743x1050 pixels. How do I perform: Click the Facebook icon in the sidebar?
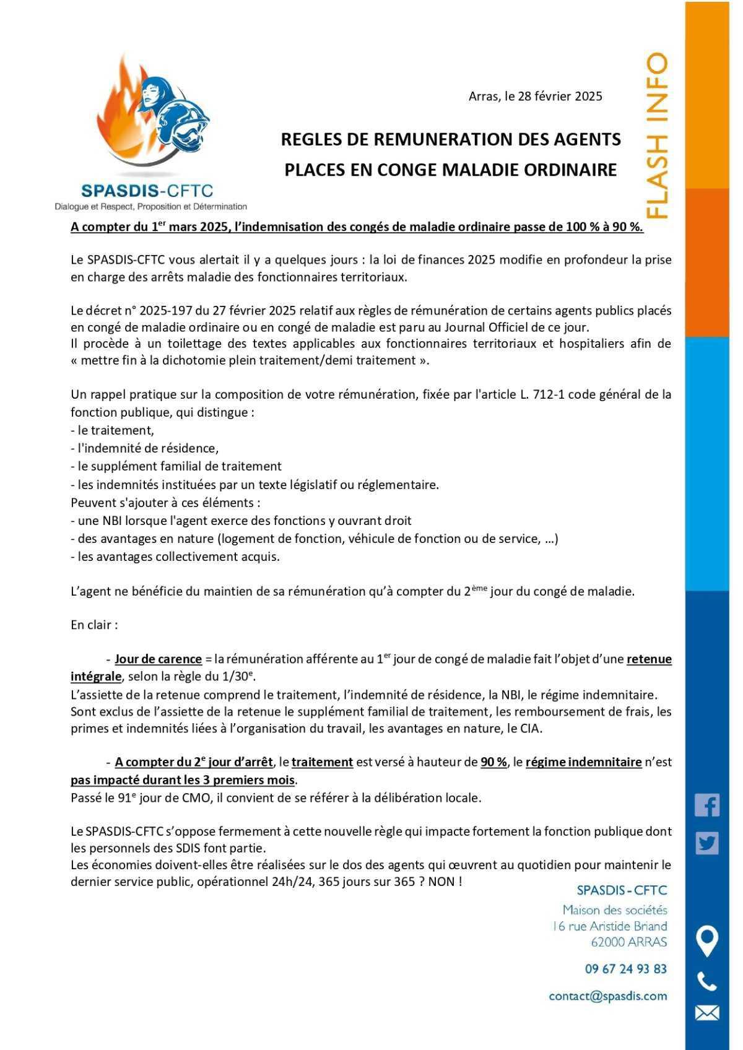coord(706,805)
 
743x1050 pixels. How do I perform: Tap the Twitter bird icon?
coord(706,843)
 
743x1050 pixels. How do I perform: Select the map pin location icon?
coord(706,941)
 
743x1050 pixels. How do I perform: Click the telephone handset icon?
coord(706,982)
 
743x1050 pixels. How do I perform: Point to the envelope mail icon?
coord(706,1013)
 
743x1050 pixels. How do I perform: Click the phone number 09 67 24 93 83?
coord(625,969)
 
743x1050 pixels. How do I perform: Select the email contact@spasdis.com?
coord(607,996)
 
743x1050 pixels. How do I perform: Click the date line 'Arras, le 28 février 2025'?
coord(535,96)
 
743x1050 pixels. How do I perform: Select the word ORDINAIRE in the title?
coord(565,170)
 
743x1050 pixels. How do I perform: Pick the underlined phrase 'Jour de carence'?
coord(158,659)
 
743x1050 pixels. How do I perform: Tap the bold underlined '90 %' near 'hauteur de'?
coord(493,762)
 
